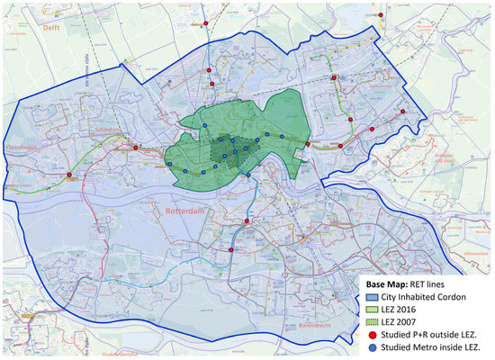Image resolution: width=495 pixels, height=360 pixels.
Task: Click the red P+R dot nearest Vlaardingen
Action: (68, 175)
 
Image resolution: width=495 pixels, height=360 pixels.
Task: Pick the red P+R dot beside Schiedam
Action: (135, 147)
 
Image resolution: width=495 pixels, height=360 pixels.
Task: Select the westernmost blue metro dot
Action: (168, 164)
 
